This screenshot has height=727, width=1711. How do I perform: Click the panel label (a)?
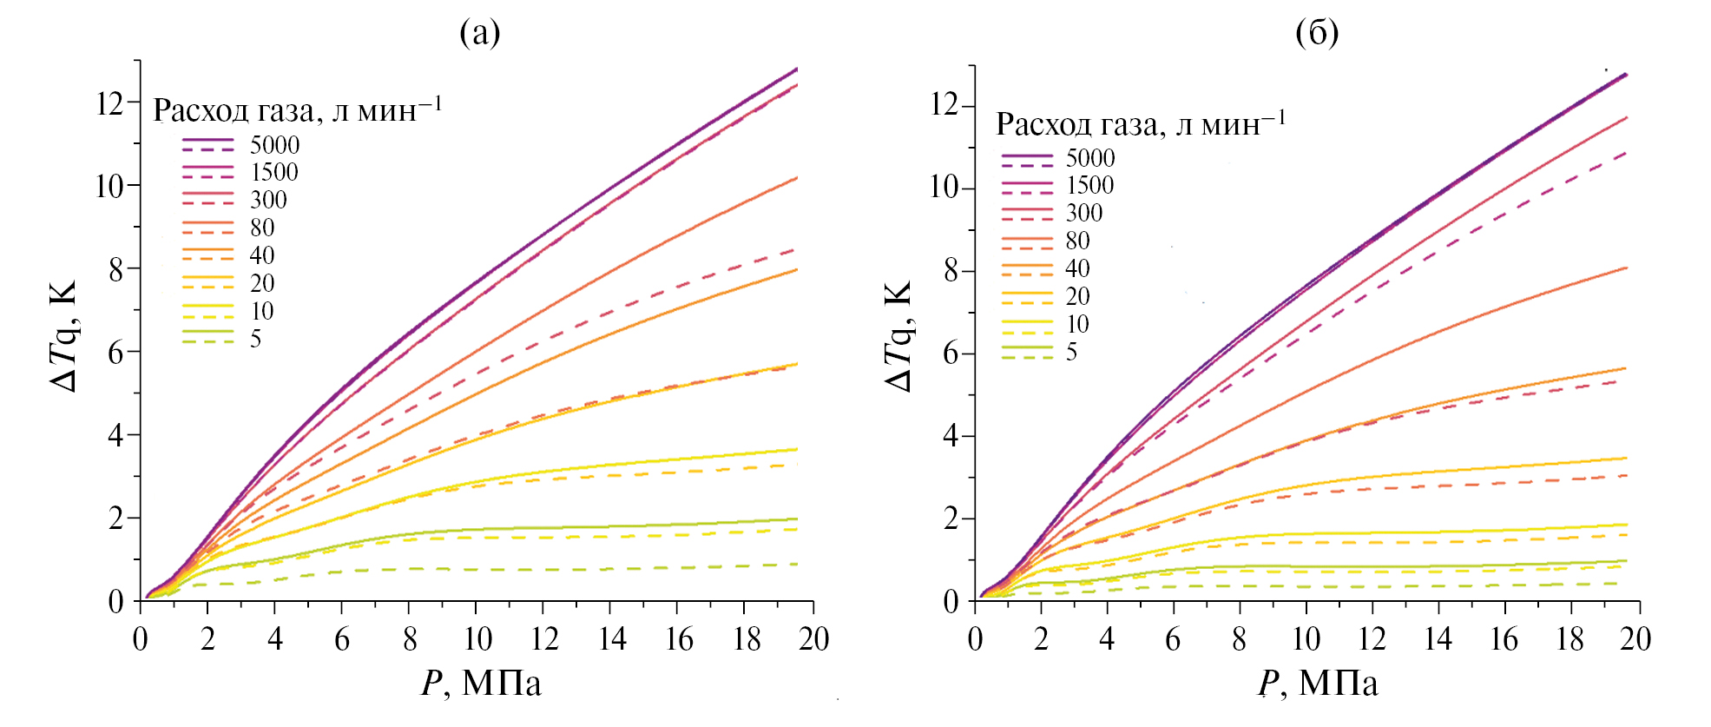click(x=480, y=33)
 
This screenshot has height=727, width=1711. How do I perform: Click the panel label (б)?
click(x=1316, y=33)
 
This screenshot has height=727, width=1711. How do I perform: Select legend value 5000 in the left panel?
click(x=274, y=145)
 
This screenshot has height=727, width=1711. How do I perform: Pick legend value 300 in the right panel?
click(x=1084, y=213)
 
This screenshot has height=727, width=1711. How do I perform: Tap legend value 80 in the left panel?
click(x=262, y=228)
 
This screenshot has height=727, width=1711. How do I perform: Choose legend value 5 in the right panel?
click(x=1072, y=352)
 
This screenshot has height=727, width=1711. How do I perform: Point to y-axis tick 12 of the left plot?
click(x=109, y=103)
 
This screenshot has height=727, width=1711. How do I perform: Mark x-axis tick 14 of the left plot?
click(x=612, y=639)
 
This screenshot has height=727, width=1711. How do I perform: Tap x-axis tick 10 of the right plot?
click(x=1306, y=639)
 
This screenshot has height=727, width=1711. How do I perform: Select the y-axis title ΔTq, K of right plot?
click(x=899, y=336)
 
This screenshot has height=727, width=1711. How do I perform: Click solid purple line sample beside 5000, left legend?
click(x=208, y=140)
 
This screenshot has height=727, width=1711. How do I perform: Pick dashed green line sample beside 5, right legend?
click(x=1027, y=358)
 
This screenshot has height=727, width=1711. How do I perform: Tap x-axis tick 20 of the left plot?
click(x=813, y=639)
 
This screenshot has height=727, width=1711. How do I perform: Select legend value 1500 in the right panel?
click(x=1089, y=185)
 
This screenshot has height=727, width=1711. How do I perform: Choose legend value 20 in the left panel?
click(x=262, y=283)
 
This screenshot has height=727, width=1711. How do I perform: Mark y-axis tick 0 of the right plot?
click(x=951, y=602)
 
